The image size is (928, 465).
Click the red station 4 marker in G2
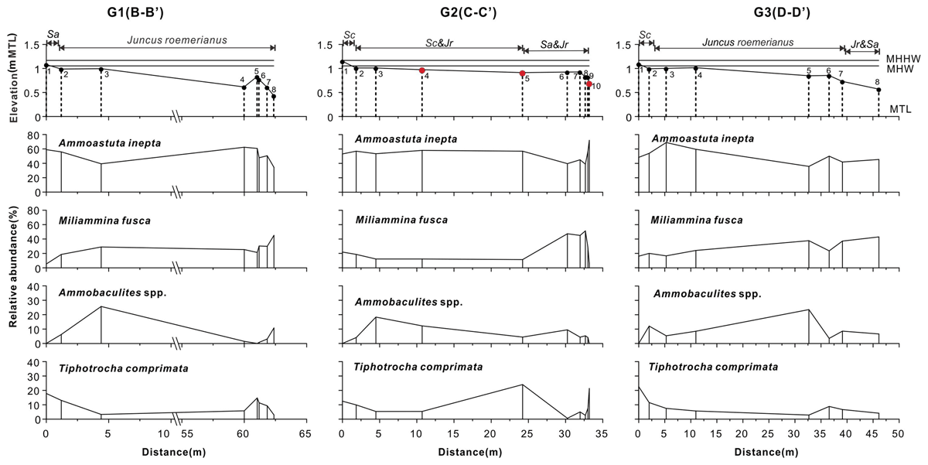click(421, 70)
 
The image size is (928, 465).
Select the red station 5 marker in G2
click(522, 74)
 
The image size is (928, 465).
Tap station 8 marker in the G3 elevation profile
click(879, 90)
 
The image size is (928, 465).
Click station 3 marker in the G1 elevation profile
click(101, 69)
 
